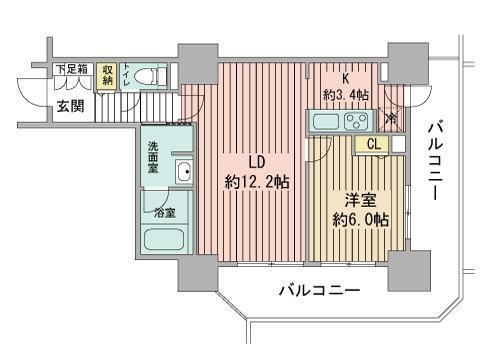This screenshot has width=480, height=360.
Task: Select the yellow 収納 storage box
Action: pyautogui.click(x=107, y=75)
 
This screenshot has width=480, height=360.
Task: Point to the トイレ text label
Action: pyautogui.click(x=126, y=76)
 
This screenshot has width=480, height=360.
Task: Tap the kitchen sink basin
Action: pyautogui.click(x=324, y=123)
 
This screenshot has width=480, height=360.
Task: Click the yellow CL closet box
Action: pyautogui.click(x=372, y=144)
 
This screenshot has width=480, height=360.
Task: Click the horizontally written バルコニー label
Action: pyautogui.click(x=318, y=289)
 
